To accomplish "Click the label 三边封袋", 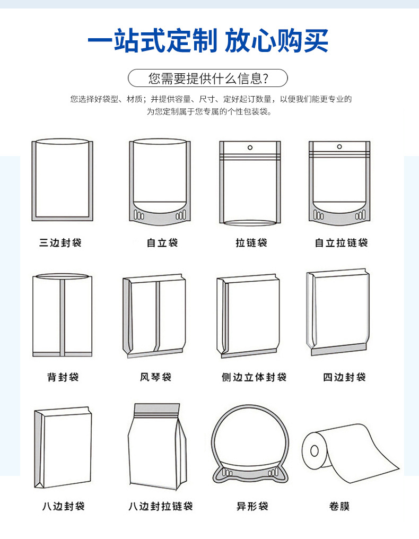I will [60, 243].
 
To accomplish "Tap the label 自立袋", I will [162, 243].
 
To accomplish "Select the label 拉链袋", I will [251, 243].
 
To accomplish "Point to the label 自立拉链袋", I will [341, 243].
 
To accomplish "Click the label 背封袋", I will [63, 377].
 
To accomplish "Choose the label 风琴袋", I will [155, 377].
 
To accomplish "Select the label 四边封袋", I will [344, 377].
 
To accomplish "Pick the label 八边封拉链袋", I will [160, 506].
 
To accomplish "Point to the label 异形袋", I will [252, 506].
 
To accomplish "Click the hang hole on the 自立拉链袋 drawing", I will [339, 146].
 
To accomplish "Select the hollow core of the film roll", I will [314, 451].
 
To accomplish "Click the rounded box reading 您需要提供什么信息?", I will [208, 79].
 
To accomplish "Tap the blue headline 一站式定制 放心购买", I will [208, 41].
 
